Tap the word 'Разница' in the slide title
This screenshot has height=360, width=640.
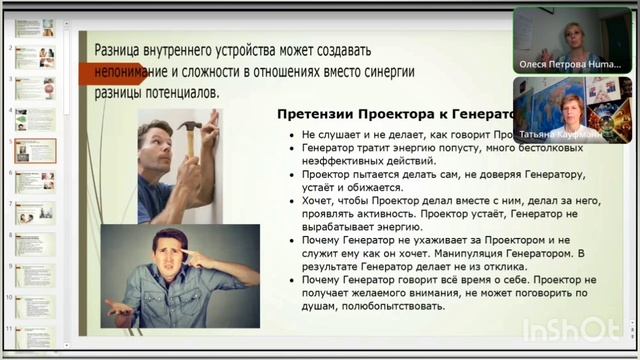pos(122,50)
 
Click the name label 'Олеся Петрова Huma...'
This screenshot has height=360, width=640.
pos(571,63)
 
